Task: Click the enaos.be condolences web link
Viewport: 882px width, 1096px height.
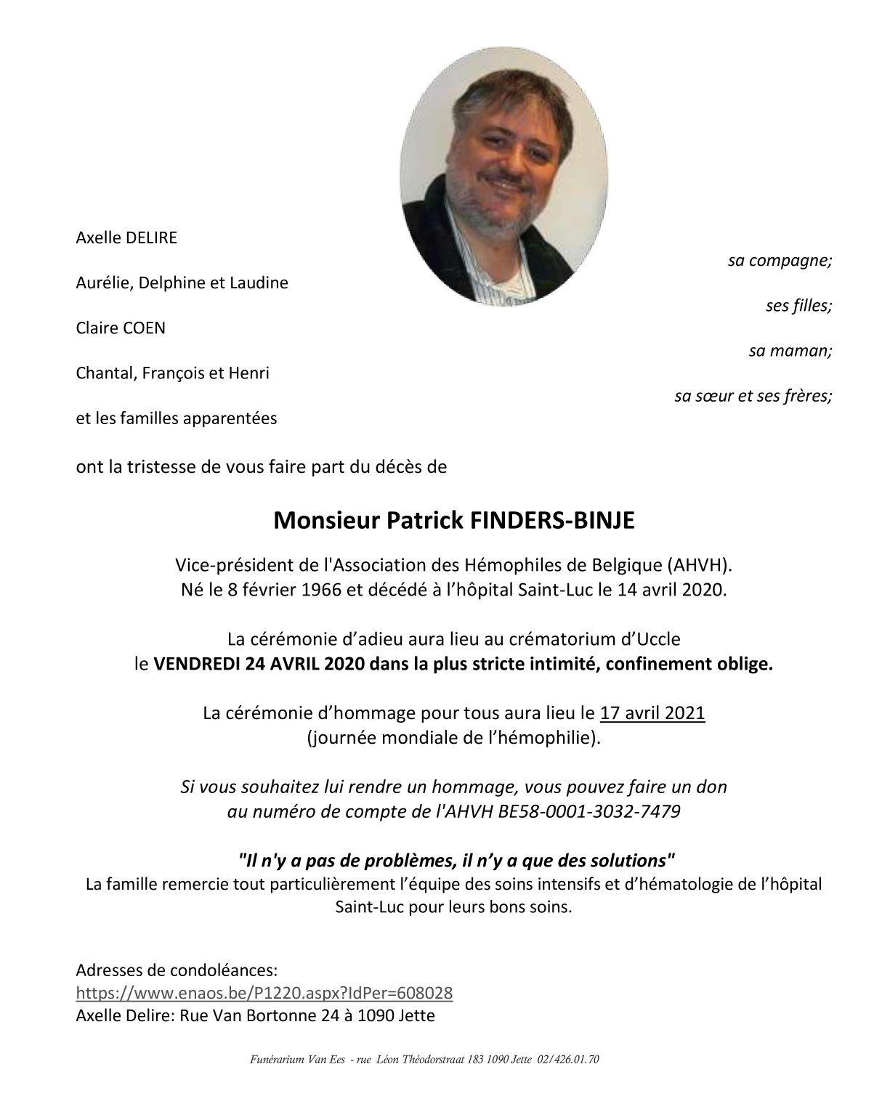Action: point(264,993)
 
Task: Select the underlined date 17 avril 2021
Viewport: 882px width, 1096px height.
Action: point(652,713)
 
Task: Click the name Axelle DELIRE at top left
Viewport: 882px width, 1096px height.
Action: point(126,238)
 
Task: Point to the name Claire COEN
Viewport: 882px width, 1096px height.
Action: point(121,328)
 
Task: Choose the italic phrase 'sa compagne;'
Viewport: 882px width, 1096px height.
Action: point(780,260)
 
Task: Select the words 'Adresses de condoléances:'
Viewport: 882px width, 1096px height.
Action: point(177,970)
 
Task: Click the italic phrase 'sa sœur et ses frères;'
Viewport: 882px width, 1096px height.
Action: point(753,396)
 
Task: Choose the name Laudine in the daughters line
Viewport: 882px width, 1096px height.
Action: point(259,283)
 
